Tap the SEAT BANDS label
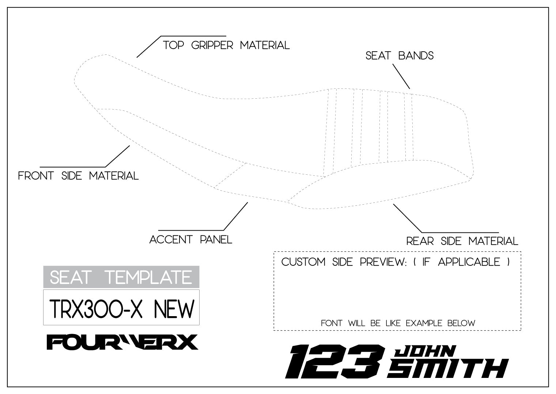tap(400, 56)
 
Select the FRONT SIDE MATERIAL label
tap(78, 176)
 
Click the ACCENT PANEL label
tap(191, 240)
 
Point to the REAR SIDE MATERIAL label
tap(462, 241)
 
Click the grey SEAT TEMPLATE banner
tap(121, 277)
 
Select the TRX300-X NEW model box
tap(121, 307)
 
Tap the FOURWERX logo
tap(122, 342)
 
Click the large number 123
tap(334, 361)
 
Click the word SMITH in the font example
tap(448, 368)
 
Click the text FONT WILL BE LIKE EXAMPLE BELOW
tap(398, 323)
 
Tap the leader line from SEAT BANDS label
tap(401, 76)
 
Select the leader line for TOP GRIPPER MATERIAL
tap(149, 46)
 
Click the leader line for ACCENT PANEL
tap(235, 216)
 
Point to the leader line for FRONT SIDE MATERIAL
tap(118, 156)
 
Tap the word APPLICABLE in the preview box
tap(469, 262)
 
